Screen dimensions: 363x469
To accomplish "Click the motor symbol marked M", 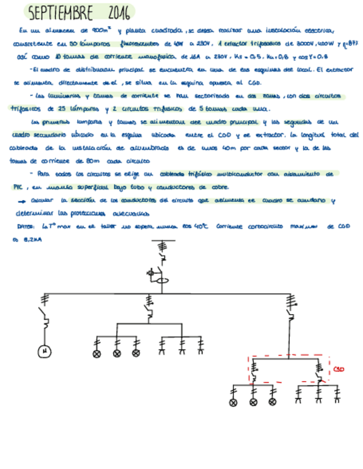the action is [44, 351].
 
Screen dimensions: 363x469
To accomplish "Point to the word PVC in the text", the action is [16, 188].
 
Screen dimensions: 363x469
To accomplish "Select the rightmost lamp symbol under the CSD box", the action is [272, 402].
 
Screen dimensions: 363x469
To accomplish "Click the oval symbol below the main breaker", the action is [163, 281].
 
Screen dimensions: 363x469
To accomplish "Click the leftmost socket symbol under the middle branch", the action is [162, 348].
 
